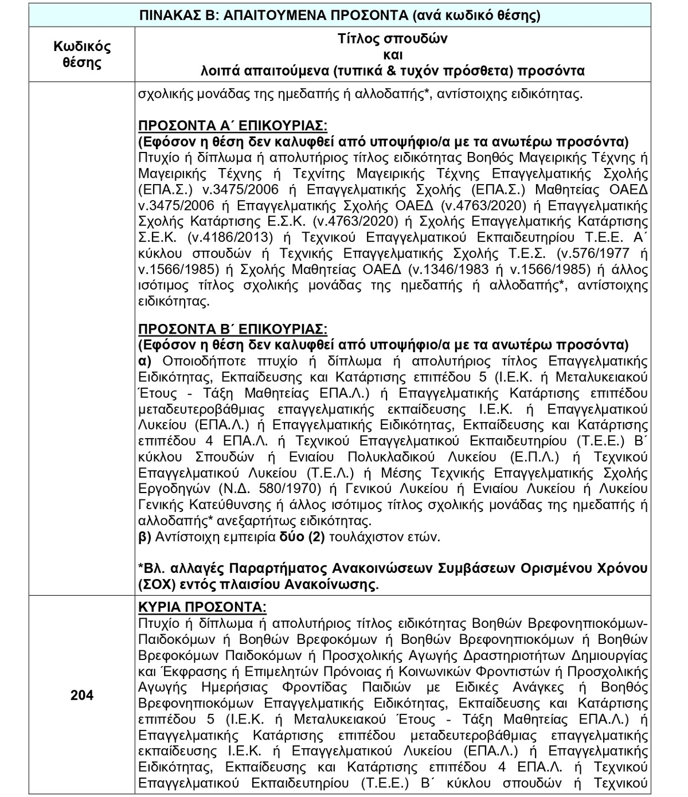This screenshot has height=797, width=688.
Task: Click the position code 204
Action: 82,696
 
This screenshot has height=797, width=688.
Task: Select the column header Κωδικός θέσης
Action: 82,54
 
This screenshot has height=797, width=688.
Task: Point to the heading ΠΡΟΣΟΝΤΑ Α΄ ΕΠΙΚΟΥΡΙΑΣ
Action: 233,126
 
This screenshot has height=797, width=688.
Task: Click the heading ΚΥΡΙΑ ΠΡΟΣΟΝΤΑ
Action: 202,607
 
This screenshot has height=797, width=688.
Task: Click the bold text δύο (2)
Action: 308,537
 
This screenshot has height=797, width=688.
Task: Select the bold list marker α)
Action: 144,361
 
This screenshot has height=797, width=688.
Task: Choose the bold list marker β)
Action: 144,537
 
